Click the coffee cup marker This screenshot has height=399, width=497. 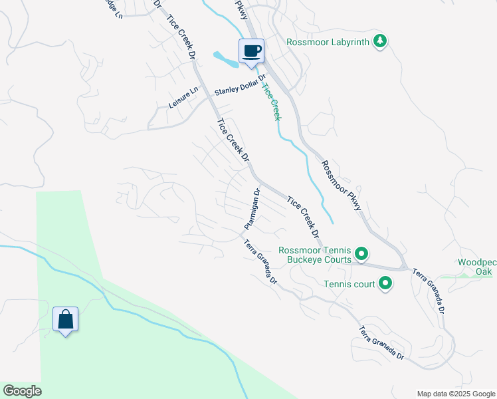[x=251, y=52]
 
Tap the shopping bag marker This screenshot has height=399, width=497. [x=66, y=319]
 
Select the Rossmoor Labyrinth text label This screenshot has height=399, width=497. [x=328, y=42]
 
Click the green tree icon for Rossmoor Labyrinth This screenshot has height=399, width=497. [x=379, y=41]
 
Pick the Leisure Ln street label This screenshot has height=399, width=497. [x=183, y=98]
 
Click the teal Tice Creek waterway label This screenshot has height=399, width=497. [x=272, y=101]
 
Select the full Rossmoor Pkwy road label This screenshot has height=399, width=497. [x=342, y=186]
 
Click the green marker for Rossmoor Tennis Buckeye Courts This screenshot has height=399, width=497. [x=361, y=253]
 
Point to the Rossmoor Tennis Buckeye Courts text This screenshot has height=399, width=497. [x=315, y=255]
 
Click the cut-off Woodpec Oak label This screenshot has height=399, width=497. [x=477, y=267]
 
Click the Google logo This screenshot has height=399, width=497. [x=22, y=391]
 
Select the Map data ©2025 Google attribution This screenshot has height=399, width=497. [x=455, y=394]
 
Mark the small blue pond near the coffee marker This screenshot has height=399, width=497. [x=226, y=60]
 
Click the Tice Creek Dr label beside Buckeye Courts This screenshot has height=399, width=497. [x=303, y=217]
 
